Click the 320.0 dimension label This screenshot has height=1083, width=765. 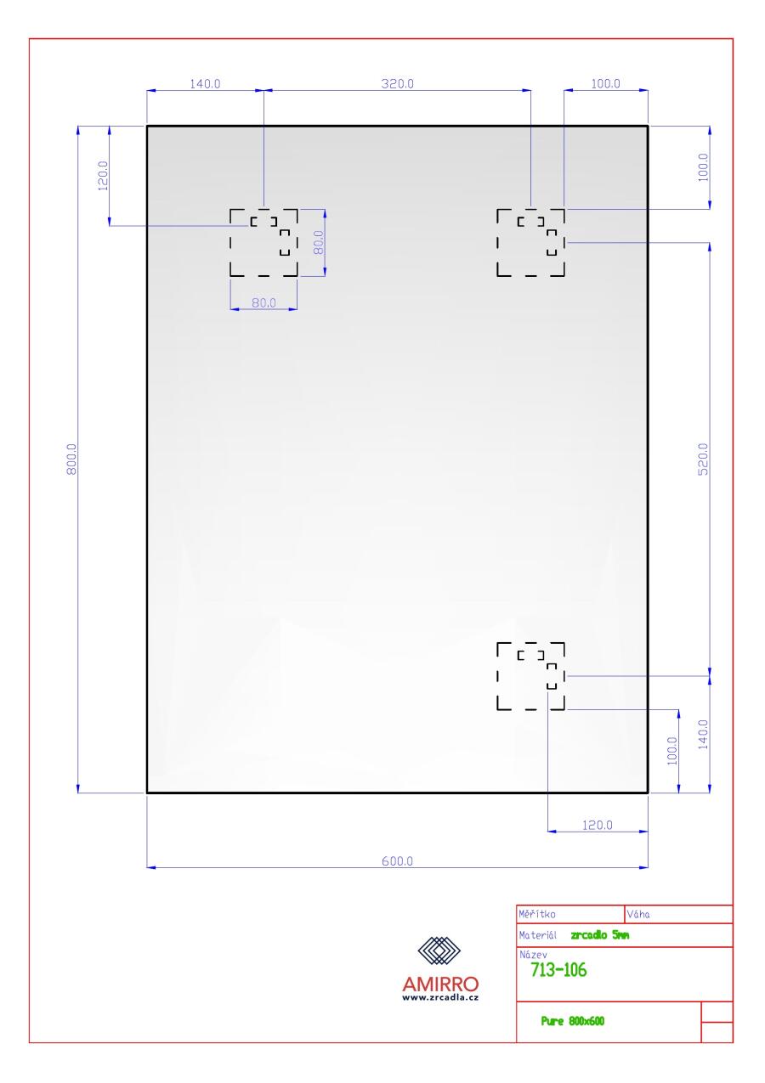397,83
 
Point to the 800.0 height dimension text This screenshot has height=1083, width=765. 71,459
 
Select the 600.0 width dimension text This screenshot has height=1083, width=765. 397,861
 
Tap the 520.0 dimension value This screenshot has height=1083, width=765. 703,459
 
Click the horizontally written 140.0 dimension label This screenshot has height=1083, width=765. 205,83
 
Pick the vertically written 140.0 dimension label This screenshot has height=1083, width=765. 703,735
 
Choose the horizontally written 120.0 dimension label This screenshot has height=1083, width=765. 597,825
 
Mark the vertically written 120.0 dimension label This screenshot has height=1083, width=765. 103,176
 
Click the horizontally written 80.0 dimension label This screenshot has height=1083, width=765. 263,302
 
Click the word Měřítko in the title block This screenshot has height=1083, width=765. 537,914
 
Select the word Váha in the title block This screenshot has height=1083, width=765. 638,914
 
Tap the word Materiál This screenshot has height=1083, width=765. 537,935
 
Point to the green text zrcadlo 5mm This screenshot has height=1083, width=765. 600,935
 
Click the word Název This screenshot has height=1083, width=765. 533,955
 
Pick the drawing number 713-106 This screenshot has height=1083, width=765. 558,970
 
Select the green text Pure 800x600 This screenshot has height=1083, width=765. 572,1021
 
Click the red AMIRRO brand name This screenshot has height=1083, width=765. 440,984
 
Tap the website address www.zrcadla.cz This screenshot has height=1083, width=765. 440,997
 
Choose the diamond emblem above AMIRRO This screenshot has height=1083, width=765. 439,950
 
